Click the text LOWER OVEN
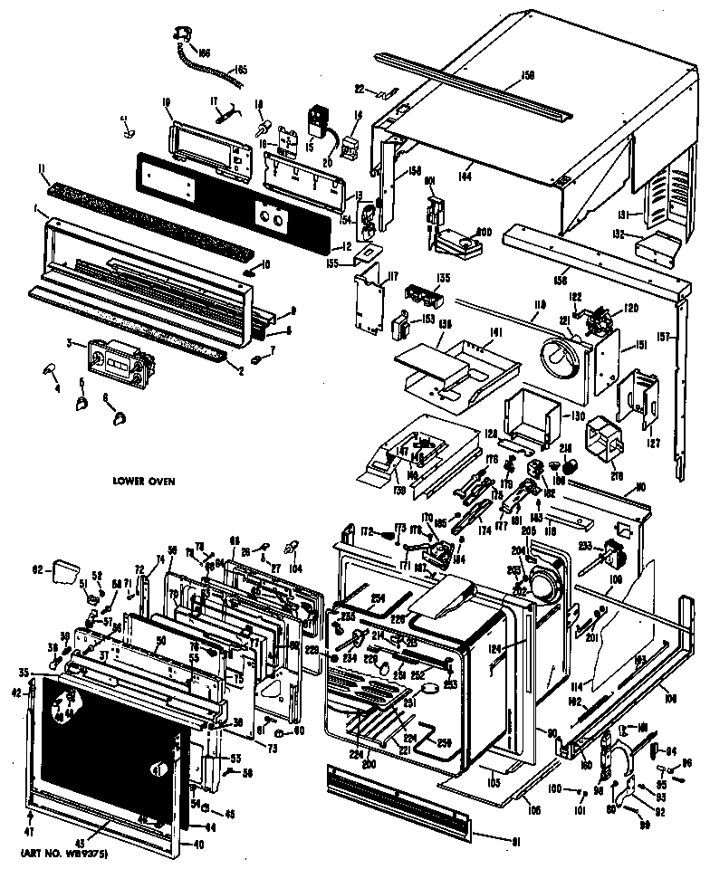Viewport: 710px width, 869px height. pos(143,481)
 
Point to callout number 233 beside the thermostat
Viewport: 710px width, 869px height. pos(585,546)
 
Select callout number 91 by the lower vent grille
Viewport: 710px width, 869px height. pos(516,844)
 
